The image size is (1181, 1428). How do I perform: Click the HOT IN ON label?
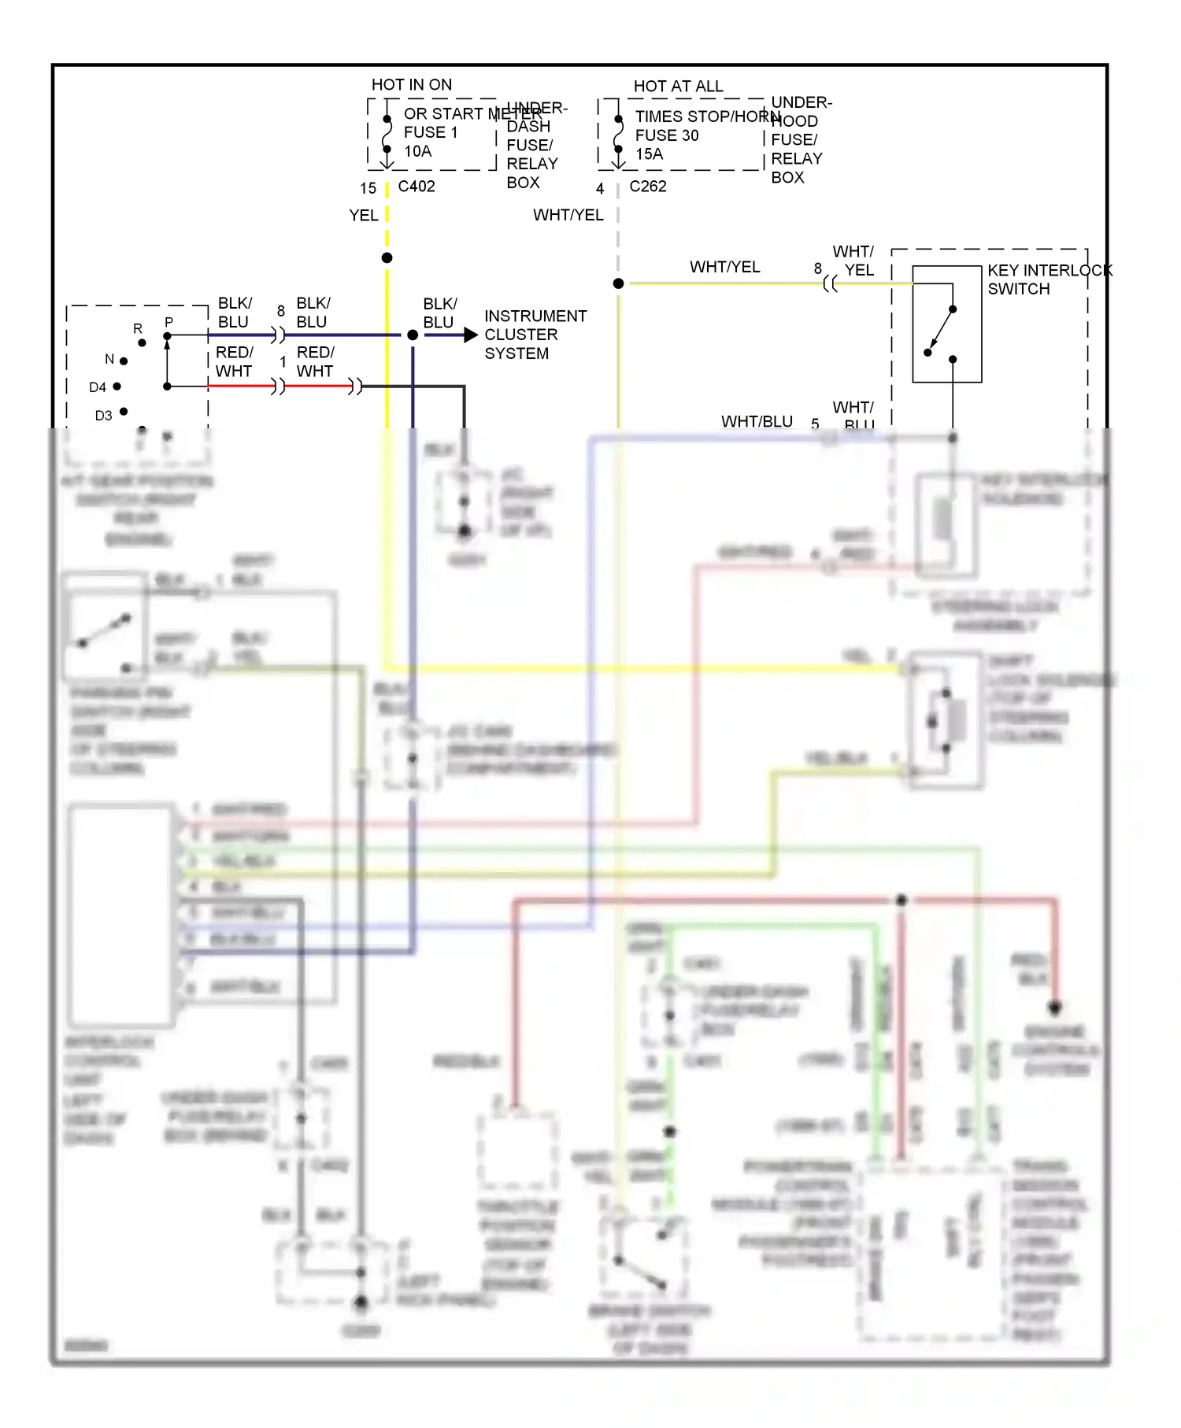point(411,84)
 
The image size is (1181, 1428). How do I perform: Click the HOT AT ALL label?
point(678,86)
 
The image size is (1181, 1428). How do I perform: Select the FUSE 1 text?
point(430,132)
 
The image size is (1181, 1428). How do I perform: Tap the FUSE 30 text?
point(667,135)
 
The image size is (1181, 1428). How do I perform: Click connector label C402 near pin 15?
point(416,187)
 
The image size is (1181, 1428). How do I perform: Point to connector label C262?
point(648,187)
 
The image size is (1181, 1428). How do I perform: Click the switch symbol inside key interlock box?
point(942,331)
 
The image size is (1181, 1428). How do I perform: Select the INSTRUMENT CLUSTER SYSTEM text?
point(535,335)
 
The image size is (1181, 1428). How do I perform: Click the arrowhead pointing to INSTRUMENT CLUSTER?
point(471,335)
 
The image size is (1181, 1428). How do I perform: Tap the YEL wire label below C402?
point(364,215)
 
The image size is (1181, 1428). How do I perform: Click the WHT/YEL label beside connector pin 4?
point(568,215)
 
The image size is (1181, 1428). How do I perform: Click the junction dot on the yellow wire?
point(387,258)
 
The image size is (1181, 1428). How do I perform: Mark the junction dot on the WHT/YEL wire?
point(619,283)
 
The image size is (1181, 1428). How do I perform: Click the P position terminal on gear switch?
point(167,336)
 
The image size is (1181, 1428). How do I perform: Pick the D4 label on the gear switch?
point(98,387)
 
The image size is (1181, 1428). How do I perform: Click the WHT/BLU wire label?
point(757,421)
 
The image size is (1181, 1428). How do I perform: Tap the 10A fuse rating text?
point(418,151)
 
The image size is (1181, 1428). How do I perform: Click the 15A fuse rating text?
point(650,154)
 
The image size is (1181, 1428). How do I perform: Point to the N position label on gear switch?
point(109,359)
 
